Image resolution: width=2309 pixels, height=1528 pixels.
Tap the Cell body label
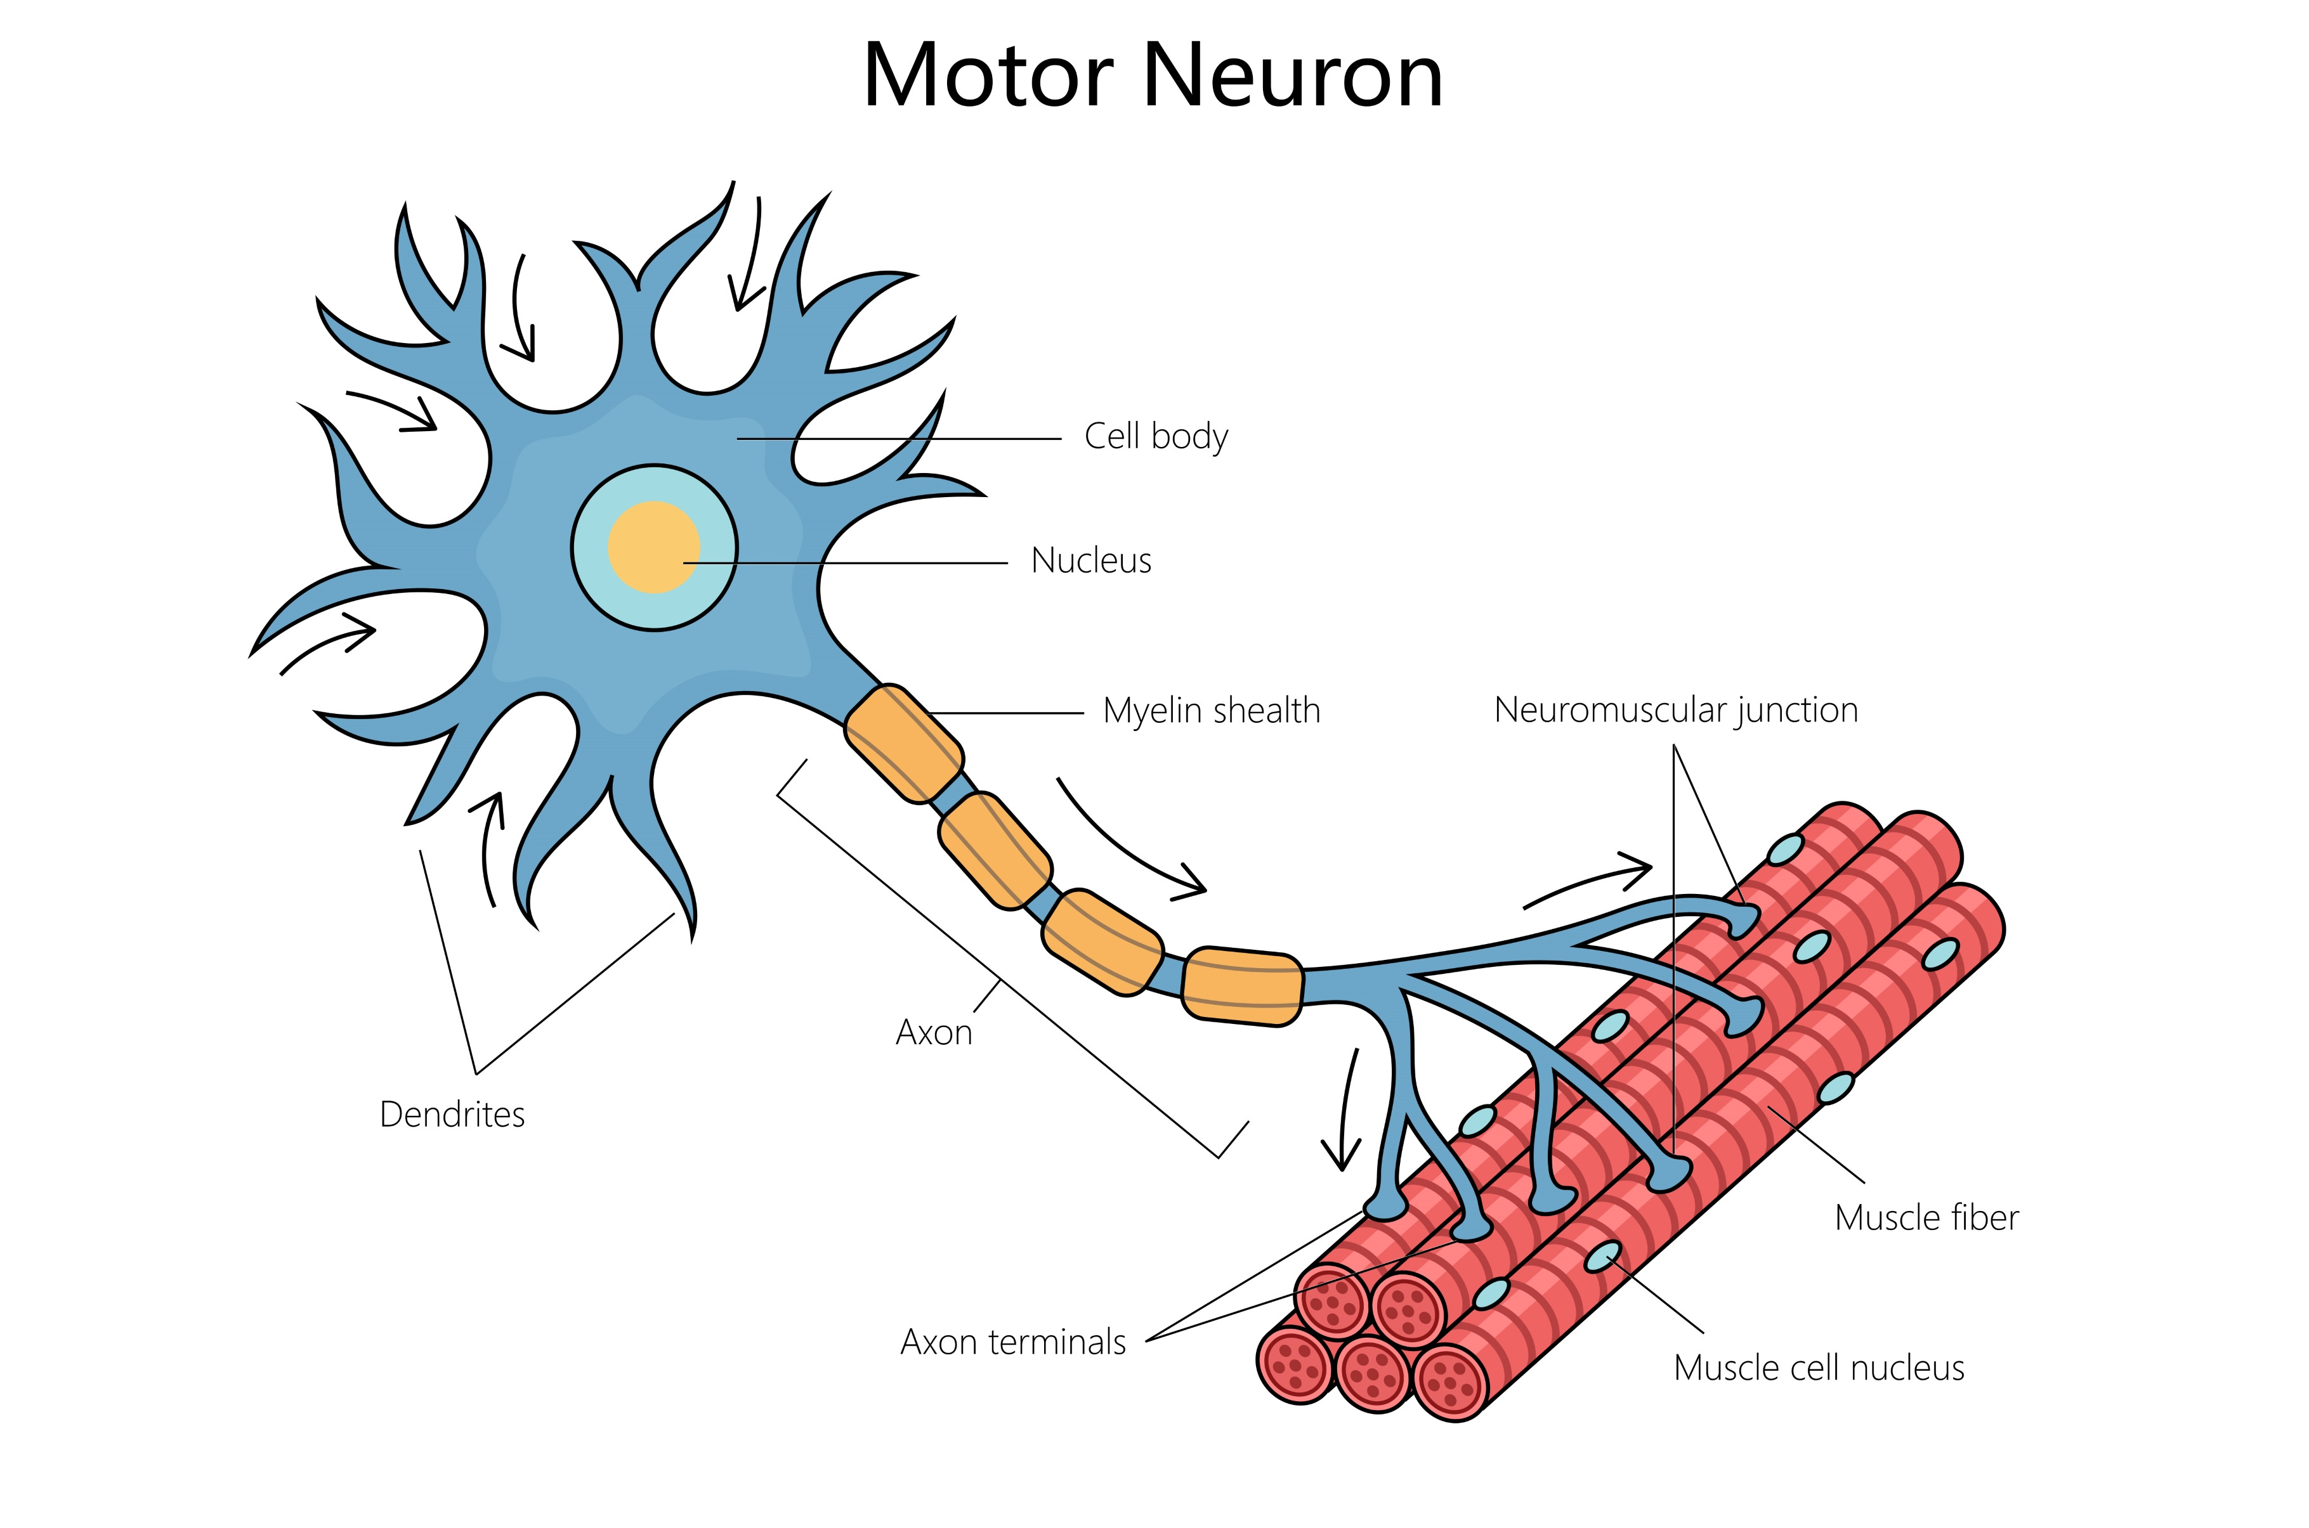coord(1156,437)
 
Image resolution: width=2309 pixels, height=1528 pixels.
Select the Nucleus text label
coord(1090,561)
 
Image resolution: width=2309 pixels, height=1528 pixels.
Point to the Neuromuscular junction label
coord(1675,710)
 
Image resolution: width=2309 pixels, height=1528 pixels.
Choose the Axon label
coord(934,1033)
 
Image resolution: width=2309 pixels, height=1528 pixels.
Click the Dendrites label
coord(452,1114)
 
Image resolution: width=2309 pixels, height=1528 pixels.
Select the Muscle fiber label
coord(1926,1218)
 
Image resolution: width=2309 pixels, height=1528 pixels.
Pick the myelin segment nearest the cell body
coord(903,744)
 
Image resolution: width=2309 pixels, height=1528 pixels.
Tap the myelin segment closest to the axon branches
coord(1243,986)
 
